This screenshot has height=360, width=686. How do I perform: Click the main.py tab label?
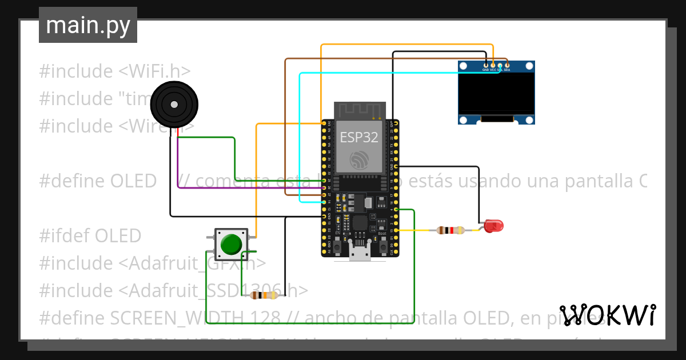pos(87,26)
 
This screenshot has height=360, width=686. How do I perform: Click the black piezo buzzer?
pos(174,105)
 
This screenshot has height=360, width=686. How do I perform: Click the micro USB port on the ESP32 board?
pos(360,254)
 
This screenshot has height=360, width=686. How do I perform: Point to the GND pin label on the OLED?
pos(485,70)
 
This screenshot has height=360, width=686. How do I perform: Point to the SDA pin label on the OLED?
pos(507,70)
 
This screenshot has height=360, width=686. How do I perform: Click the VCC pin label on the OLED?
pos(493,70)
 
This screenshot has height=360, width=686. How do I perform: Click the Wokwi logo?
pos(608,315)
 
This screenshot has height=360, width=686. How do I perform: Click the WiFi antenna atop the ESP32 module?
pos(359,110)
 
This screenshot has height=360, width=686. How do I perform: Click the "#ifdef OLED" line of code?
pos(90,235)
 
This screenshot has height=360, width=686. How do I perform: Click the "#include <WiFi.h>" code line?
pos(114,71)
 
